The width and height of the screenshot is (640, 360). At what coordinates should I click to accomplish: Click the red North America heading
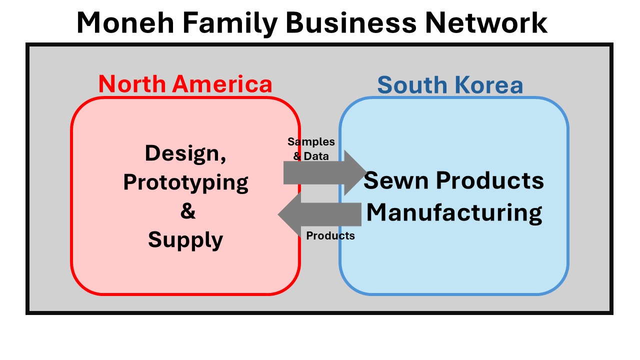(x=185, y=84)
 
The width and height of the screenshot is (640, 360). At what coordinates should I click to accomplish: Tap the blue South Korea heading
(x=450, y=85)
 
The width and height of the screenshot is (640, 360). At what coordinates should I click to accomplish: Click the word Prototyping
(x=185, y=182)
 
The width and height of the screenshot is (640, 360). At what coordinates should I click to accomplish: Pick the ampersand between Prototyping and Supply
(x=187, y=211)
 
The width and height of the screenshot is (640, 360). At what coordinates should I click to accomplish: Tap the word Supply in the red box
(x=185, y=240)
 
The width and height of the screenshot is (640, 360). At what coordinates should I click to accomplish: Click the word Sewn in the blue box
(x=393, y=180)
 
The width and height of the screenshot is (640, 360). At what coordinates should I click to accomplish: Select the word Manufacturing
(x=454, y=212)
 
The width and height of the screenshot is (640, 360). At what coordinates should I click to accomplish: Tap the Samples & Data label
(x=311, y=149)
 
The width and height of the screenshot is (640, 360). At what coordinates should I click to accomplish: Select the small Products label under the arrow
(x=330, y=235)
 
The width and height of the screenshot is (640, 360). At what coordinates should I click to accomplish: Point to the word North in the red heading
(x=131, y=84)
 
